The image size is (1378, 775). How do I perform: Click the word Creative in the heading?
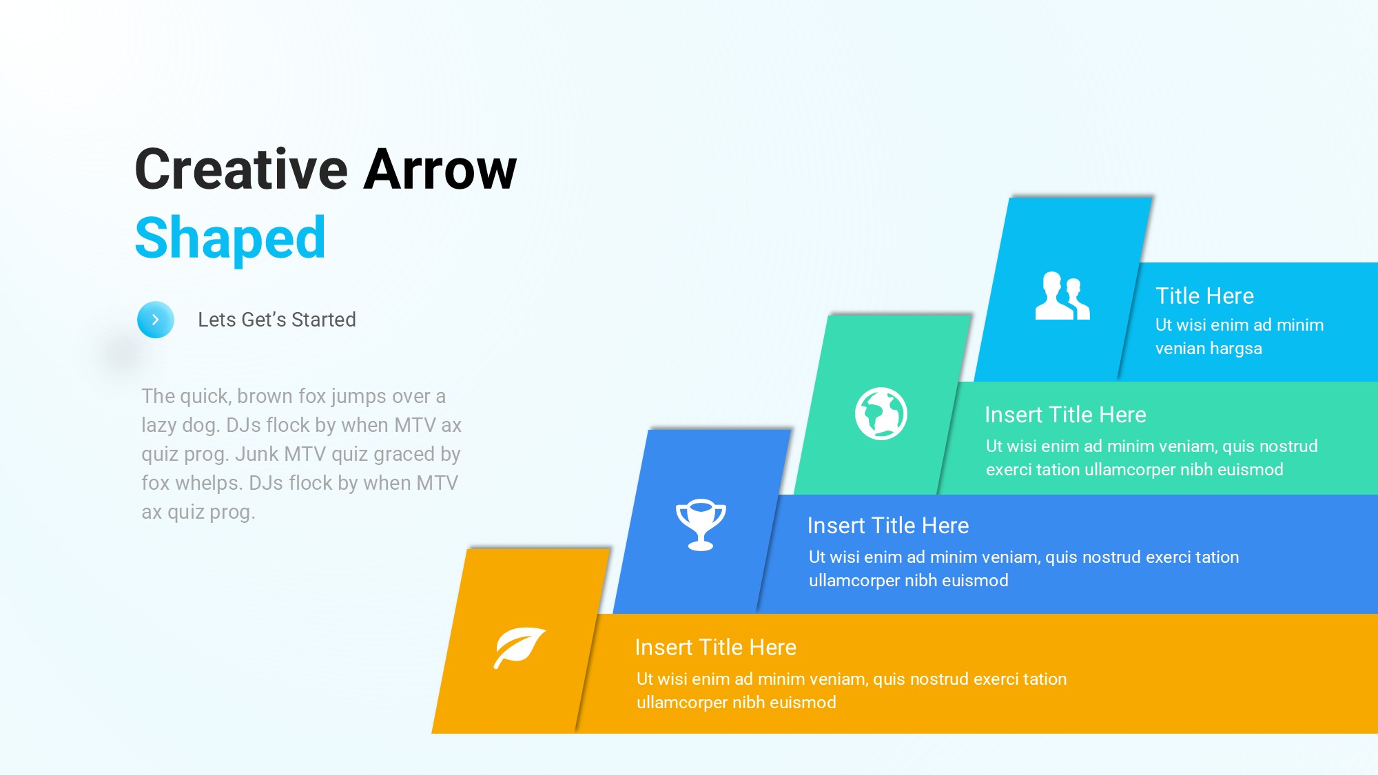(x=242, y=169)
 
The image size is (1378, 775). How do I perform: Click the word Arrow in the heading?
(x=440, y=169)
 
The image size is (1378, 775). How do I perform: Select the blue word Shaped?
(x=230, y=238)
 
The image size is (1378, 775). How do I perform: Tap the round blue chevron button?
(x=156, y=320)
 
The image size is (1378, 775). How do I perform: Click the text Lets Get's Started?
(x=277, y=320)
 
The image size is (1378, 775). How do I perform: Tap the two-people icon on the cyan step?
(x=1062, y=296)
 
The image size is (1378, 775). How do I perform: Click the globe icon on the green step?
(x=881, y=413)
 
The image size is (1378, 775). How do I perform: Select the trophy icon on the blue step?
(x=701, y=524)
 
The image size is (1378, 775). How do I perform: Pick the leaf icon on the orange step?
(x=520, y=648)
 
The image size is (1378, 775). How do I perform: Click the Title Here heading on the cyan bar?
(x=1204, y=296)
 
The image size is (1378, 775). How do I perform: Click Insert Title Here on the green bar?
(x=1065, y=415)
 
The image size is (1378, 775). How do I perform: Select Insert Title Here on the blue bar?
(x=888, y=526)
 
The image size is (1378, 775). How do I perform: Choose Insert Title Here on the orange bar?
(x=715, y=648)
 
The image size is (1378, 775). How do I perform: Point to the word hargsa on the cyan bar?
(x=1235, y=349)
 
